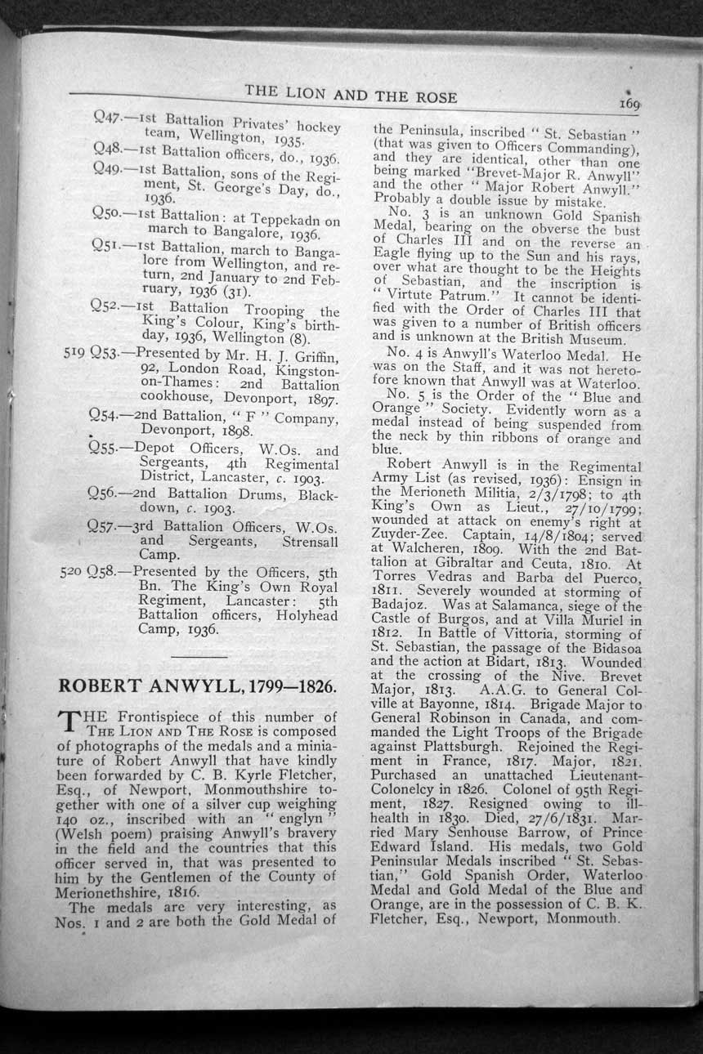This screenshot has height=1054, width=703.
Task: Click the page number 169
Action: pos(629,104)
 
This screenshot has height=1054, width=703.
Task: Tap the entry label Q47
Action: pos(107,119)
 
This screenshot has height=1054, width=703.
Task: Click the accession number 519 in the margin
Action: pos(74,353)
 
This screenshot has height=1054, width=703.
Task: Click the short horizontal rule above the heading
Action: pos(199,655)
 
